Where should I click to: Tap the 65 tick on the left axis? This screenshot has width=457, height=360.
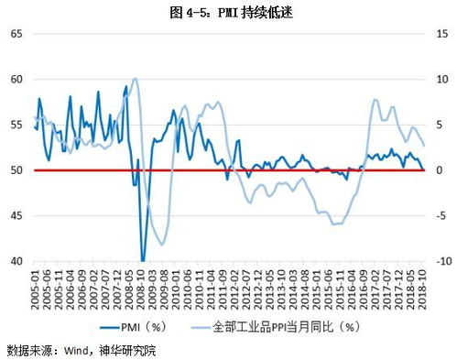[16, 34]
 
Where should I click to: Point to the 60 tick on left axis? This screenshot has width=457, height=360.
[16, 80]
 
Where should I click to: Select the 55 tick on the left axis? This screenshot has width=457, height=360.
[16, 125]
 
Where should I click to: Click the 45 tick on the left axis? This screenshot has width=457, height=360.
[16, 216]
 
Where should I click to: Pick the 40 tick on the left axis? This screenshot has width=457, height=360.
[16, 262]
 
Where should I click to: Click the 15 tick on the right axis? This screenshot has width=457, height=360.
[441, 34]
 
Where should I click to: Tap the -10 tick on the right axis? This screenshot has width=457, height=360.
[441, 262]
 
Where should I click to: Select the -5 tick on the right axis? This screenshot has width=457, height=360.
[441, 216]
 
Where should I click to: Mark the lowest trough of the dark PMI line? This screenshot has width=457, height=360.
[142, 260]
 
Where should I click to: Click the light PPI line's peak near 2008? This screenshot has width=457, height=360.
[135, 79]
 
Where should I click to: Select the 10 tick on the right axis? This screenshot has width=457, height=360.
[441, 80]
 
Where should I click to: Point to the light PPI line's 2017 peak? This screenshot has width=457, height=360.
[376, 100]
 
